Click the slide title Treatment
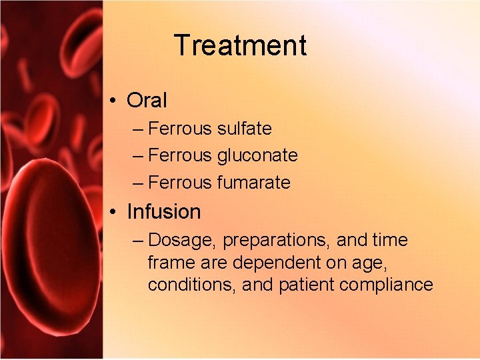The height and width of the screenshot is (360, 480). click(240, 46)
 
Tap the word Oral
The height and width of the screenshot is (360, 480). click(147, 101)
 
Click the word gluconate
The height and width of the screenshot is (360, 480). click(257, 155)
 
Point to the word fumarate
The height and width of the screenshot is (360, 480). click(254, 182)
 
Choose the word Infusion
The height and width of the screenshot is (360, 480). click(163, 212)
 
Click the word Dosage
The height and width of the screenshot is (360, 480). click(183, 240)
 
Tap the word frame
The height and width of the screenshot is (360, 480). click(165, 262)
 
